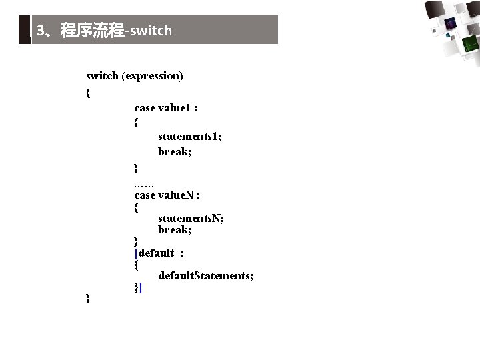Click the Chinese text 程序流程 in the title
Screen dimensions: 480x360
point(92,31)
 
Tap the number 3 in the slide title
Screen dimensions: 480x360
point(41,31)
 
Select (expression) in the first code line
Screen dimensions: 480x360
point(152,76)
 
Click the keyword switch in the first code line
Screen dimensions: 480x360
point(102,76)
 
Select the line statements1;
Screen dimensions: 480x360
point(189,137)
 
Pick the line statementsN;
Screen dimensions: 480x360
point(191,218)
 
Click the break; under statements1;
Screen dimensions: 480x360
point(175,152)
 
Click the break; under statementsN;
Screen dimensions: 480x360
point(175,230)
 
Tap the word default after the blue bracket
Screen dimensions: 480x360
point(156,253)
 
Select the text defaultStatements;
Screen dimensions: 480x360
point(205,275)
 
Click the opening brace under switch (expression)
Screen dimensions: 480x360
point(89,93)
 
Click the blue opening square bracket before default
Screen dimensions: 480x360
point(137,253)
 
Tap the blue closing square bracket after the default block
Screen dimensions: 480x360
point(141,288)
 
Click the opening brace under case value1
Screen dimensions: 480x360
point(137,122)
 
